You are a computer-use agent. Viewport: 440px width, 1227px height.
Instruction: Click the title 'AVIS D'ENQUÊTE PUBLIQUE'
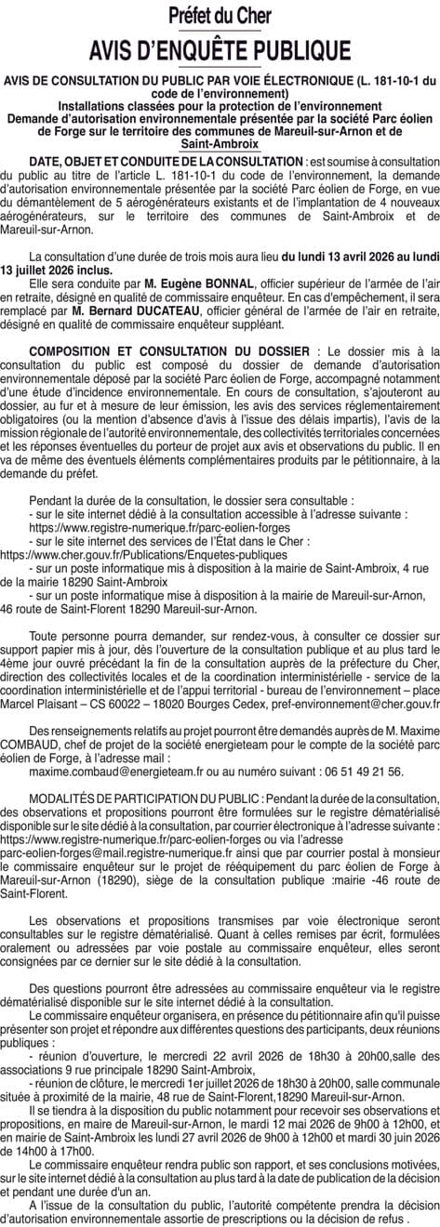[x=220, y=47]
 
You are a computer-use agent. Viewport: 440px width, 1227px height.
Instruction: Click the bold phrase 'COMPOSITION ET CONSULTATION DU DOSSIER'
[x=170, y=350]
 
